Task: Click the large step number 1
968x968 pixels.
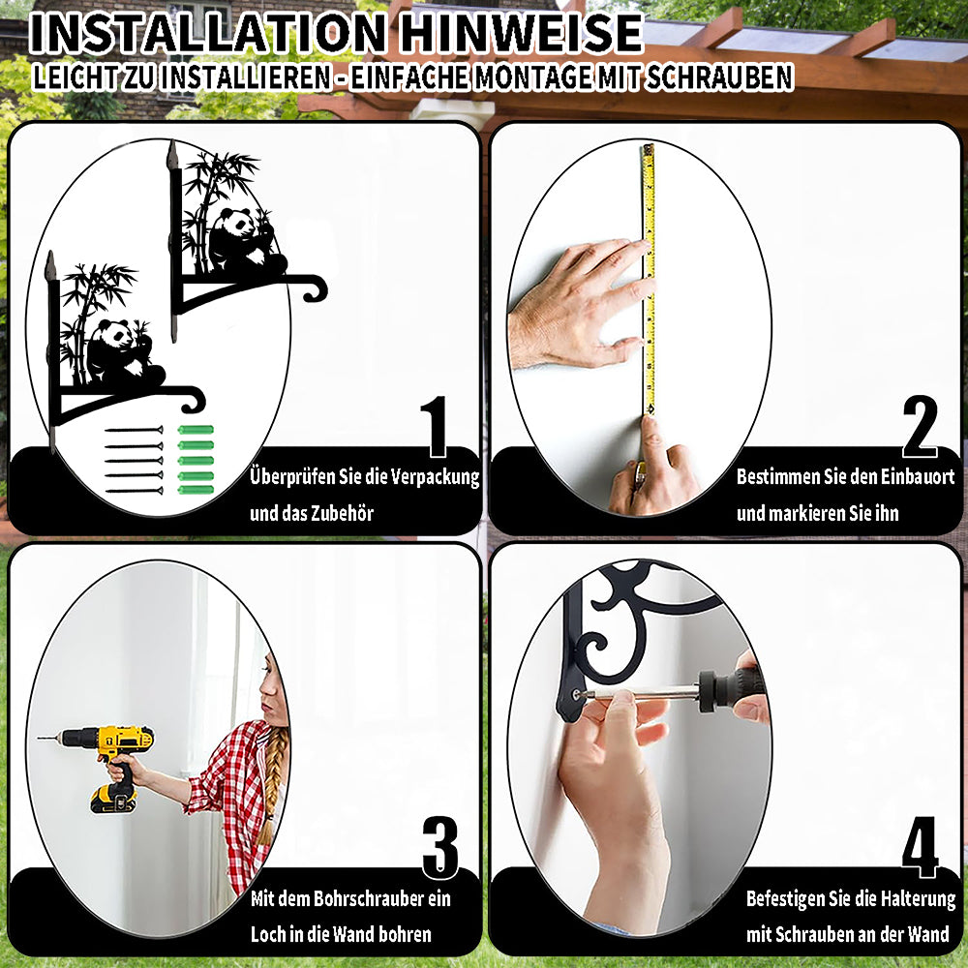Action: click(436, 427)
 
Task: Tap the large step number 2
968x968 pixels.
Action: click(920, 427)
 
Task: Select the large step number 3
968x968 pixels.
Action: click(440, 848)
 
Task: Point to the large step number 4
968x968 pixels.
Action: click(920, 848)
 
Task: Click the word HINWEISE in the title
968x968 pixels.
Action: click(521, 33)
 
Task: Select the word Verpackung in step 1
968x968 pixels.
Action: click(436, 477)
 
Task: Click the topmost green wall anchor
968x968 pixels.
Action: click(196, 430)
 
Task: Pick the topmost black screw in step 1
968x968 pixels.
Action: click(134, 430)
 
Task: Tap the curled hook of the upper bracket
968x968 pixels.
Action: click(316, 288)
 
